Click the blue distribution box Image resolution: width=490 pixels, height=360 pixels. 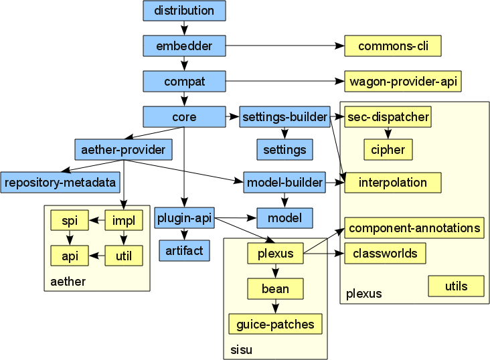click(x=184, y=11)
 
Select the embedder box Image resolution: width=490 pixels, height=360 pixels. click(x=184, y=46)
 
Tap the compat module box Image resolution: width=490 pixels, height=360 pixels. click(x=184, y=82)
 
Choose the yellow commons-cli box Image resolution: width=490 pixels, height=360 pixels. click(x=393, y=46)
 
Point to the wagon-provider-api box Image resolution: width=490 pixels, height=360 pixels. click(x=403, y=82)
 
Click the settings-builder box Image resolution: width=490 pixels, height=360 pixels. click(x=284, y=117)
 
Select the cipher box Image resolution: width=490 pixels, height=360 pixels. click(x=388, y=149)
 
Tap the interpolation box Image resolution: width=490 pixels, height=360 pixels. click(x=393, y=182)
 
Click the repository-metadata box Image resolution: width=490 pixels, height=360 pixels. click(x=60, y=181)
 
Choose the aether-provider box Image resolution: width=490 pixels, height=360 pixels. click(x=124, y=149)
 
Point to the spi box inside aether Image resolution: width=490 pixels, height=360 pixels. click(x=70, y=220)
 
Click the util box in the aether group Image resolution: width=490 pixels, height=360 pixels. click(x=124, y=255)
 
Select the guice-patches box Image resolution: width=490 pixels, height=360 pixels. click(x=275, y=325)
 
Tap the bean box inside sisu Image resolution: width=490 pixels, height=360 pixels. click(x=275, y=289)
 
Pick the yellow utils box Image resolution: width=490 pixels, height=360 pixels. click(x=457, y=286)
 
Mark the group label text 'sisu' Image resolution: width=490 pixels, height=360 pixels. click(x=238, y=350)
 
